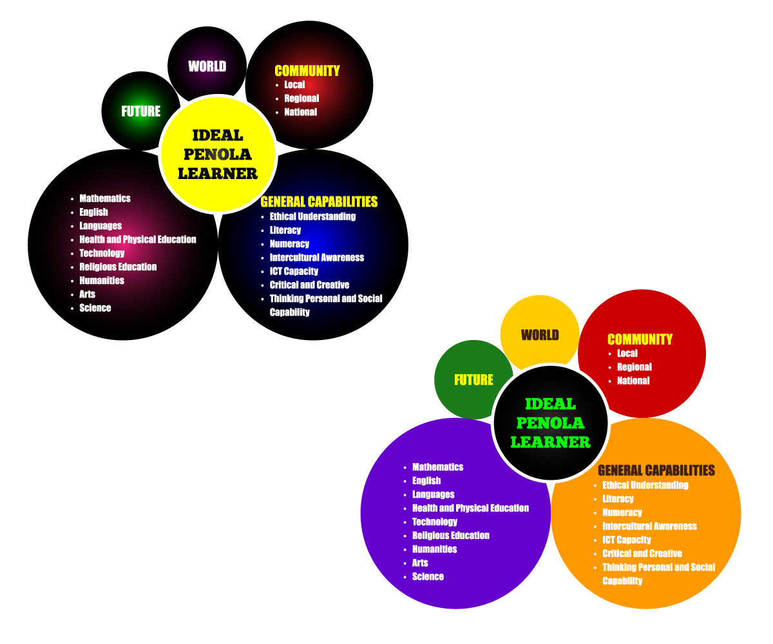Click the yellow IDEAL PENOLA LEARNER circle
tap(218, 155)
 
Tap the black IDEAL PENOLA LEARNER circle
tap(551, 423)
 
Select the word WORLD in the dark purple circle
tap(207, 66)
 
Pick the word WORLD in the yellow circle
tap(540, 335)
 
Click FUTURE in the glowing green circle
tap(140, 111)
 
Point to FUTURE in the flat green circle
tap(473, 380)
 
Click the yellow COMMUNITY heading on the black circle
tap(307, 71)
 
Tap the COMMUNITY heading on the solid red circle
tap(640, 339)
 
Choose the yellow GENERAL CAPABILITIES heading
tap(319, 202)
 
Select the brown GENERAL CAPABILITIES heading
tap(656, 470)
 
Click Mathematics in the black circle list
tap(105, 198)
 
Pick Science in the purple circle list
tap(428, 576)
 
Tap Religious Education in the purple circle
tap(451, 535)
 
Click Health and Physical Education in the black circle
tap(138, 240)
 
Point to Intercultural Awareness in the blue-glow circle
tap(317, 258)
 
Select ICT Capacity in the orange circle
tap(627, 540)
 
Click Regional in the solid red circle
tap(635, 367)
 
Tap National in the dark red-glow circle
tap(301, 112)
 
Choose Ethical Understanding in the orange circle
tap(645, 485)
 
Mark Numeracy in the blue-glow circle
tap(289, 244)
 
